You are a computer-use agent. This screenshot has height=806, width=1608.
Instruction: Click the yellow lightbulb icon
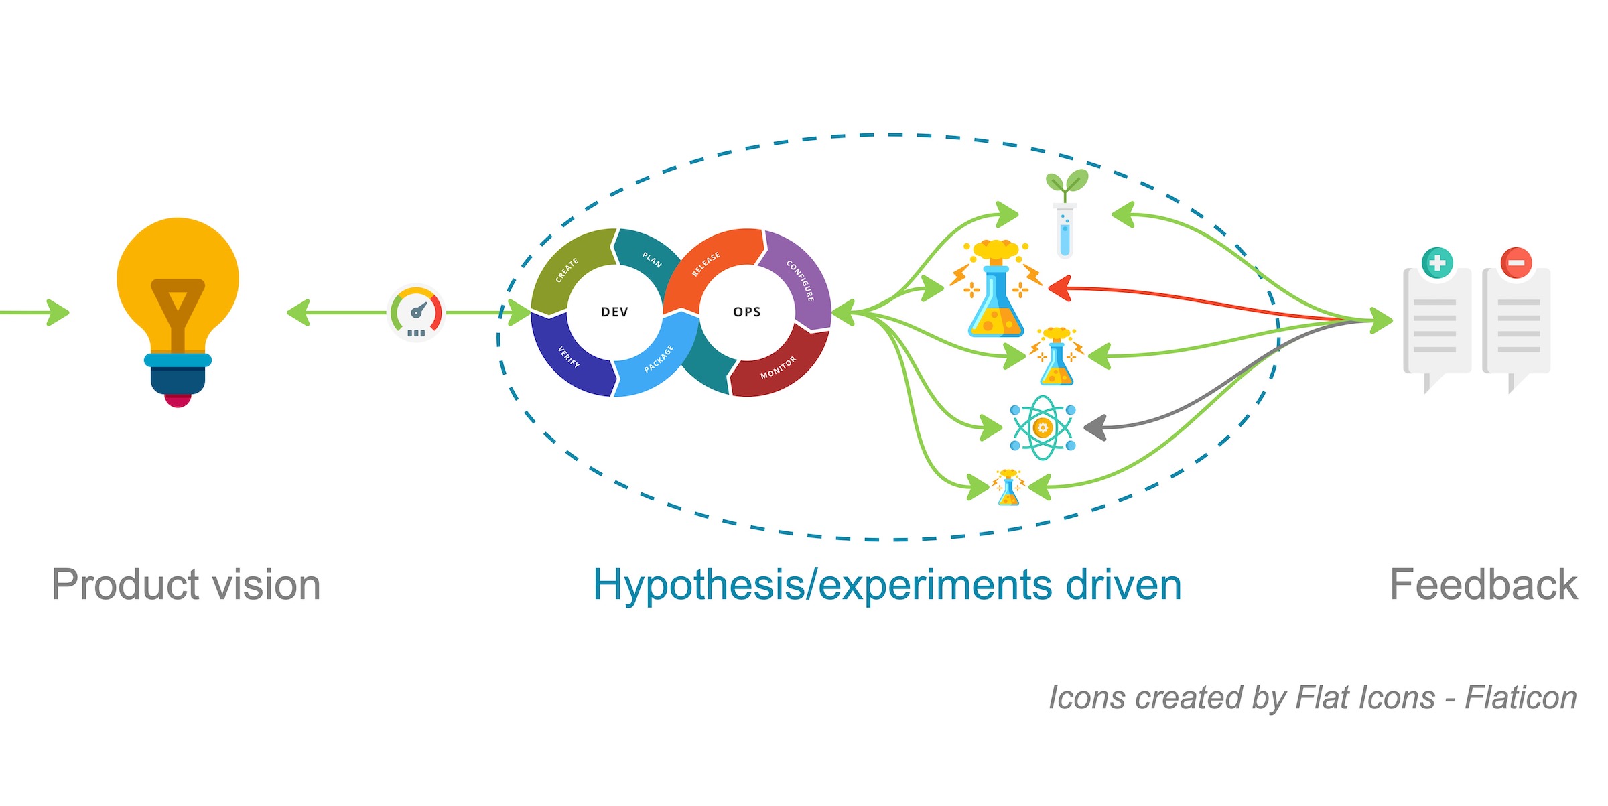coord(178,312)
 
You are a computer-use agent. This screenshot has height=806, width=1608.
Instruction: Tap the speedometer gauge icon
coord(416,313)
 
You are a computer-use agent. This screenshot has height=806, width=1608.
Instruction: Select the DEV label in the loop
coord(614,312)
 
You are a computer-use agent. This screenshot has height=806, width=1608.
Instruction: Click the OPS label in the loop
coord(747,312)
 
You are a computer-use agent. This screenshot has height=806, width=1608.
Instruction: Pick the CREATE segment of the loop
coord(569,268)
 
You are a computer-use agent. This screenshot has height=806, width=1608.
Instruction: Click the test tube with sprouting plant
coord(1066,214)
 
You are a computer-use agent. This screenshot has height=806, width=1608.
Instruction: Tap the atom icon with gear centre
coord(1043,427)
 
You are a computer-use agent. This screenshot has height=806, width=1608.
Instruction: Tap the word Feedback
coord(1484,585)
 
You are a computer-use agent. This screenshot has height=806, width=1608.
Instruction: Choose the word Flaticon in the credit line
coord(1521,697)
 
